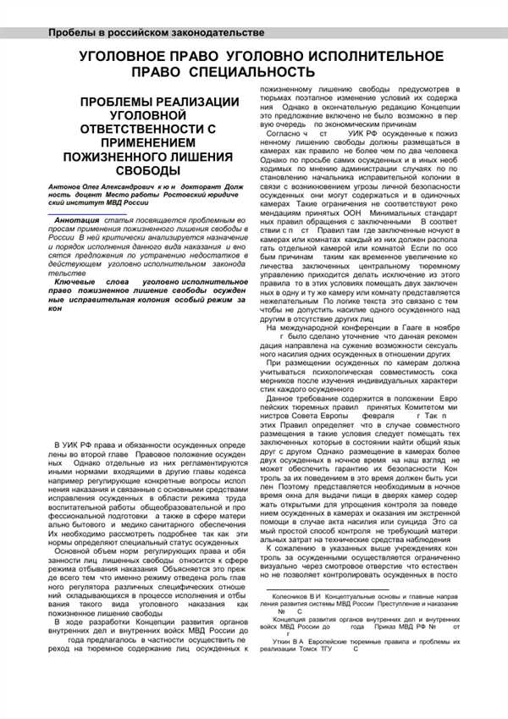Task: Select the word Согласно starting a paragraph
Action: (287, 134)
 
